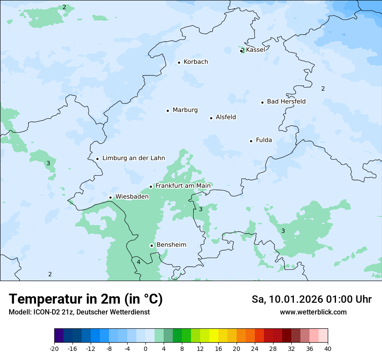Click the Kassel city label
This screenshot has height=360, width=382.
pos(255,50)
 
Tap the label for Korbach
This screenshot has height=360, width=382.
pos(196,62)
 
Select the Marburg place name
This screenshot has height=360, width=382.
pos(185,110)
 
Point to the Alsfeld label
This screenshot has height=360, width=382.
pos(226,117)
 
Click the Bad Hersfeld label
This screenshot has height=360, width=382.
pos(286,101)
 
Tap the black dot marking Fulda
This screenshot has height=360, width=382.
pos(251,141)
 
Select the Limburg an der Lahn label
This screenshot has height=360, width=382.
pos(134,158)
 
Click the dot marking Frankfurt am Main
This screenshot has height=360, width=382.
pos(151,187)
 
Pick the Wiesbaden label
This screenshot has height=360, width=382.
pos(132,197)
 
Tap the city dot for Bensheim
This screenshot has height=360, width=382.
pos(151,245)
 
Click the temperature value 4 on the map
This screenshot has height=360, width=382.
pos(138,262)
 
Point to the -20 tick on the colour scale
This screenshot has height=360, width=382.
pos(54,349)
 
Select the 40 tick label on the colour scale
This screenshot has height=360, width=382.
pos(328,349)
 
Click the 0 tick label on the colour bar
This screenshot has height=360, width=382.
pos(145,349)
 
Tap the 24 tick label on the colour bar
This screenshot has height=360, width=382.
pos(255,349)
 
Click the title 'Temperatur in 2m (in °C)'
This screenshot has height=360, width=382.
pos(86,299)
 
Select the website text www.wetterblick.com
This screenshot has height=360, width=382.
pos(313,312)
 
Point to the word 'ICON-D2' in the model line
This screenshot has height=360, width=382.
pos(42,312)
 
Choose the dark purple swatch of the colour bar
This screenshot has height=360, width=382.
pos(59,336)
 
